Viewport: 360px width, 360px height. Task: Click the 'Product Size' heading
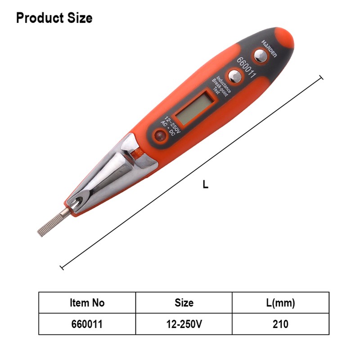pos(54,18)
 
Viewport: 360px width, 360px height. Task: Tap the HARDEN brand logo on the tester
pos(269,49)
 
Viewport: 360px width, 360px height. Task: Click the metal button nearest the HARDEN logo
pos(261,55)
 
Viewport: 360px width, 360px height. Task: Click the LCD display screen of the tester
pos(195,108)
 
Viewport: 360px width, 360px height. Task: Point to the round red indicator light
pos(160,135)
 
